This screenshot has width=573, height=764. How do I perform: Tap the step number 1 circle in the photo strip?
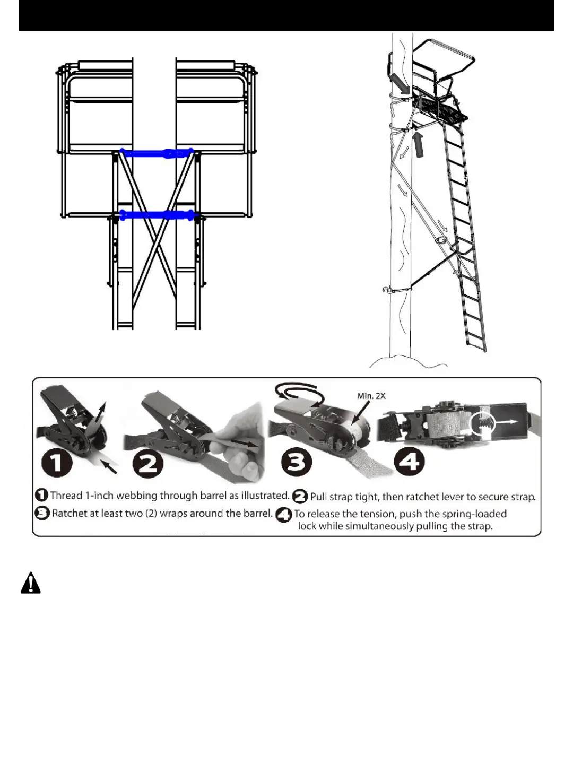tap(57, 461)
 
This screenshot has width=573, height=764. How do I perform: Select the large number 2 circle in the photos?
tap(148, 464)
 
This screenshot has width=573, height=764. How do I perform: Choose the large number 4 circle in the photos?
tap(409, 461)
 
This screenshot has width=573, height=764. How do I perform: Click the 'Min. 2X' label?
tap(371, 396)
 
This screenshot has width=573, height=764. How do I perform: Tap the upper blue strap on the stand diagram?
tap(157, 153)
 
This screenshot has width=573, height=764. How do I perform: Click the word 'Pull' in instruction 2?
tap(319, 497)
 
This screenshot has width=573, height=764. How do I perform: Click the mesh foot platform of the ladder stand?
tap(443, 111)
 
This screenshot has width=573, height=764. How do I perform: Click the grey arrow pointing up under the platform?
tap(419, 145)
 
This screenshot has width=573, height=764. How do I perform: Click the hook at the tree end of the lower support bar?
tap(386, 290)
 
